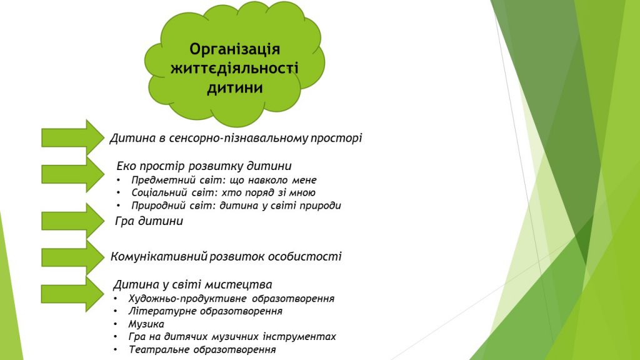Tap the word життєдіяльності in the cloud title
234,68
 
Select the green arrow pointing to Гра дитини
72,221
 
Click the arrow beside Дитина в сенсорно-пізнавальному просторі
72,137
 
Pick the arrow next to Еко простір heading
72,174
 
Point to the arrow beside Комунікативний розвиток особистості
72,257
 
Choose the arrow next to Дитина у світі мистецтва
72,294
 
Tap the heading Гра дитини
149,221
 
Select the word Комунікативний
159,257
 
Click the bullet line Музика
146,324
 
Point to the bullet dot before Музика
116,324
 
